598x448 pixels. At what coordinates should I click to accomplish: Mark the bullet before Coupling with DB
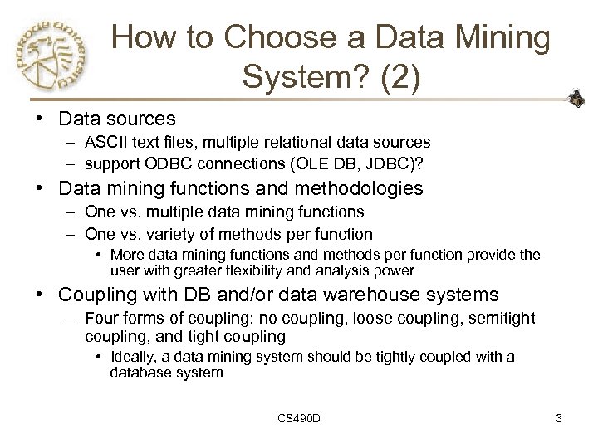click(x=27, y=295)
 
